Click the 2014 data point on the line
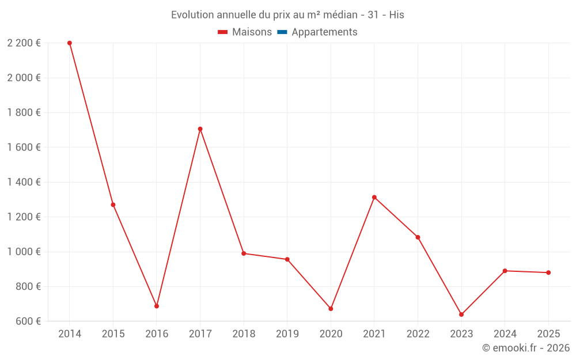70,43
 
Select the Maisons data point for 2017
200,129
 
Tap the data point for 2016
157,306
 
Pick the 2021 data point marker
374,198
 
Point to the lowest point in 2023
461,314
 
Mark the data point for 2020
331,309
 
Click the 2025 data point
548,272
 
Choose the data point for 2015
113,204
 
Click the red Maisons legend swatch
223,32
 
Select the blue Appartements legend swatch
282,32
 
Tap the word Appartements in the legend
324,32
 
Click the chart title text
287,15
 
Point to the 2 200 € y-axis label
24,43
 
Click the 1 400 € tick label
24,182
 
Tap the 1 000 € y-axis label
24,252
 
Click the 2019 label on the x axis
287,334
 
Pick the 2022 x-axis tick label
418,334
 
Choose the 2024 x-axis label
505,334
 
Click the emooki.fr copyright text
525,348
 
